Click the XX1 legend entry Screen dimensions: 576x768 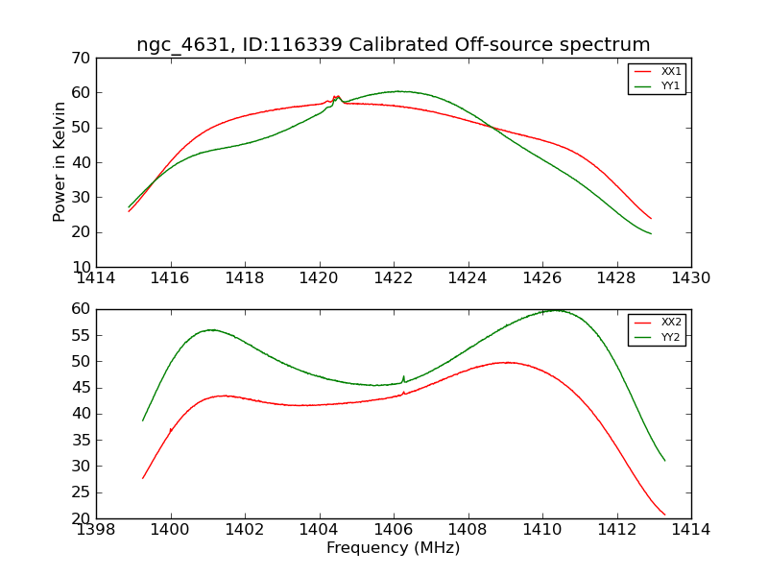click(x=671, y=72)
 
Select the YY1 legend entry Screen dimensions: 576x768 click(x=671, y=85)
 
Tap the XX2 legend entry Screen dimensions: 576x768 click(x=671, y=323)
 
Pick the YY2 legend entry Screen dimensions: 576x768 click(x=671, y=337)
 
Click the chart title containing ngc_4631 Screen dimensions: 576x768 click(x=394, y=45)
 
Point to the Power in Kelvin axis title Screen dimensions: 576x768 click(x=60, y=162)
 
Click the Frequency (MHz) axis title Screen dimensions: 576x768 click(x=394, y=548)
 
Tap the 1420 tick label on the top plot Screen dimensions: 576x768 click(x=320, y=278)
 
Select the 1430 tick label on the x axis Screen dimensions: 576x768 click(x=691, y=278)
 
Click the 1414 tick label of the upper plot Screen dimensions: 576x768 click(x=96, y=278)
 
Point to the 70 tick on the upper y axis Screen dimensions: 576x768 click(x=80, y=59)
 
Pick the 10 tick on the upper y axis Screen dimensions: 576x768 click(x=80, y=267)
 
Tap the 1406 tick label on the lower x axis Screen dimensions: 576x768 click(x=394, y=530)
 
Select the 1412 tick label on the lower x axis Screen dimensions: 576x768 click(x=616, y=530)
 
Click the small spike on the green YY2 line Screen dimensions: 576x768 click(x=404, y=377)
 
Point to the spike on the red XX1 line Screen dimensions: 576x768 click(x=336, y=96)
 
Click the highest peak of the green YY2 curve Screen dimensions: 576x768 click(x=556, y=310)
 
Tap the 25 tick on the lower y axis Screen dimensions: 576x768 click(x=80, y=492)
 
